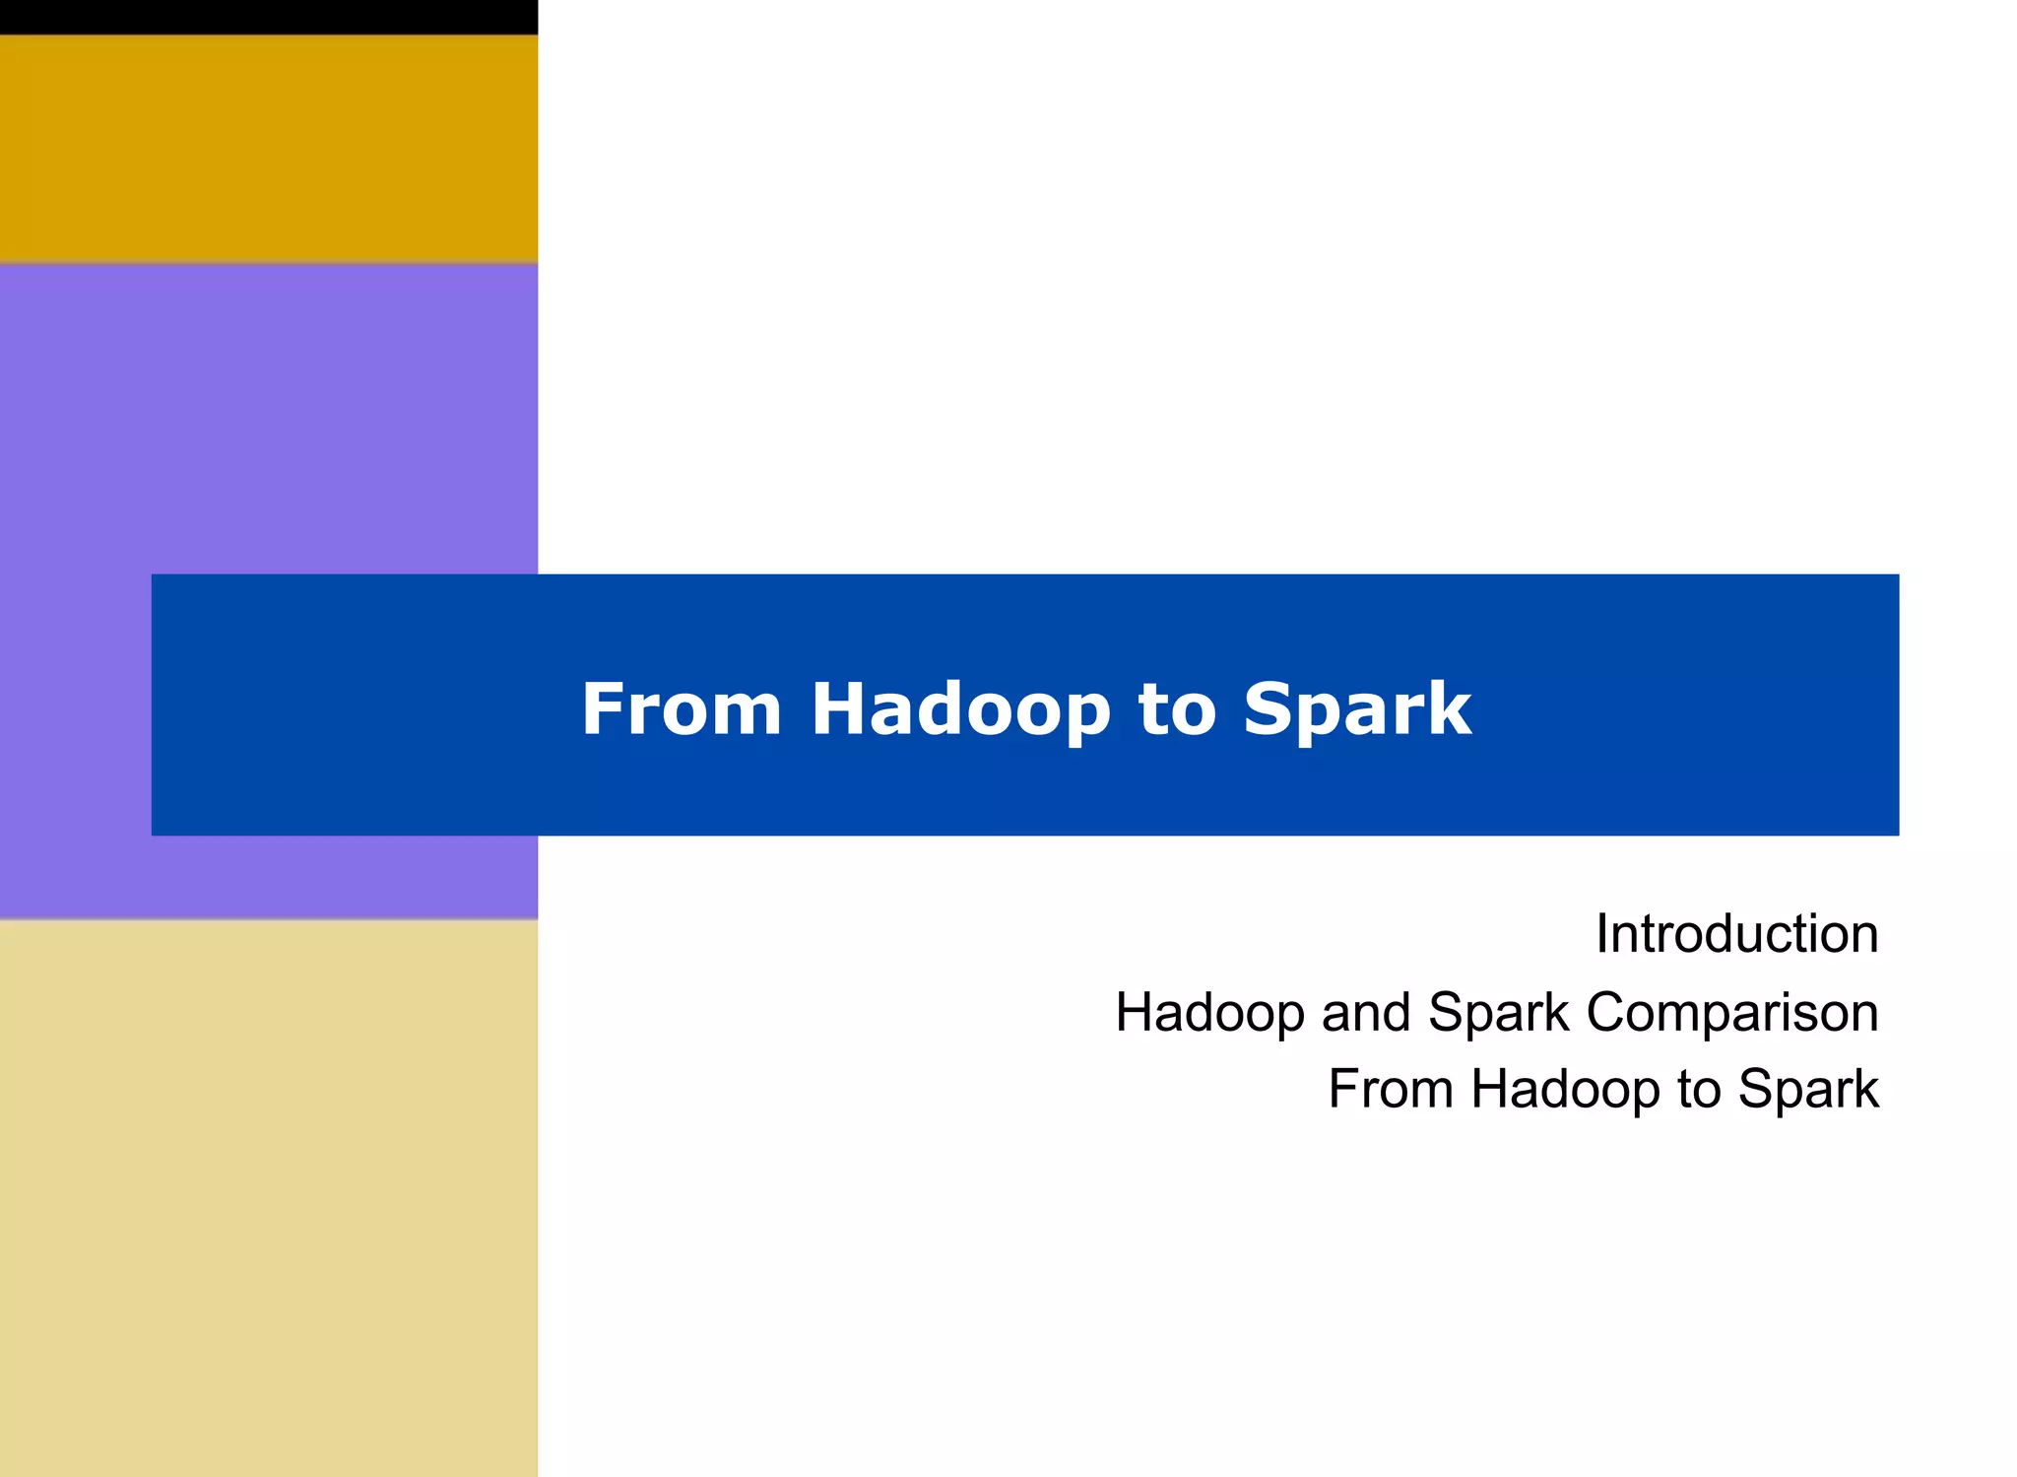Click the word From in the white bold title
[x=681, y=709]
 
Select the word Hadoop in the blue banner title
[x=960, y=709]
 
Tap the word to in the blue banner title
[x=1177, y=709]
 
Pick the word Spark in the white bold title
[x=1357, y=709]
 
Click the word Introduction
[x=1736, y=933]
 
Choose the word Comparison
[x=1731, y=1012]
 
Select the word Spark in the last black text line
[x=1808, y=1089]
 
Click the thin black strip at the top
[x=268, y=17]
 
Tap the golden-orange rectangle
[x=268, y=148]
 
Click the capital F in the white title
[x=598, y=709]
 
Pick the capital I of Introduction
[x=1602, y=933]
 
